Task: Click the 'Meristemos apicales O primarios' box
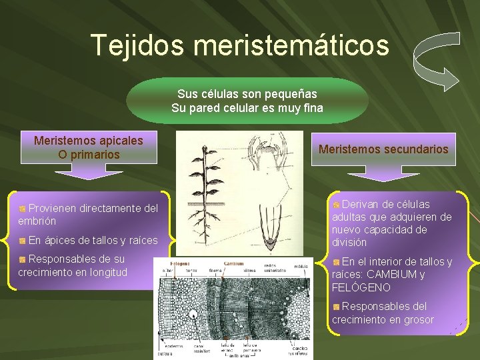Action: [x=89, y=147]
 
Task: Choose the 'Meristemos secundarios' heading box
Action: [x=383, y=149]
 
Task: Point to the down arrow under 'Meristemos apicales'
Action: [x=89, y=173]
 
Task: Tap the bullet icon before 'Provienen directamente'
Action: [x=23, y=209]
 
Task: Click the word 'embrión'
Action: [x=37, y=221]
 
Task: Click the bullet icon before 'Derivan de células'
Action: [x=337, y=205]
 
